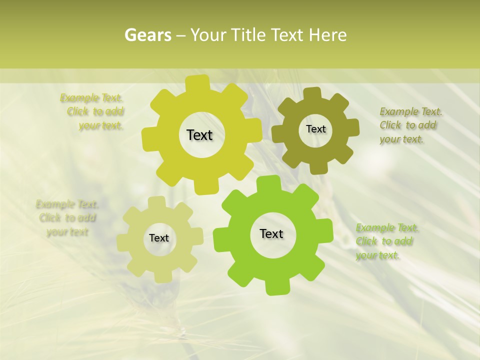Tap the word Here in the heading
[328, 35]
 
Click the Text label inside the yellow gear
[199, 135]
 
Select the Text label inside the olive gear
[315, 129]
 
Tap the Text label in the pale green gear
[159, 238]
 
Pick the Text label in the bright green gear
[271, 233]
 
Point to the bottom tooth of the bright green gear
[276, 288]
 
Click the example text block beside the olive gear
[408, 125]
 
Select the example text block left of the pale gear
[67, 218]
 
